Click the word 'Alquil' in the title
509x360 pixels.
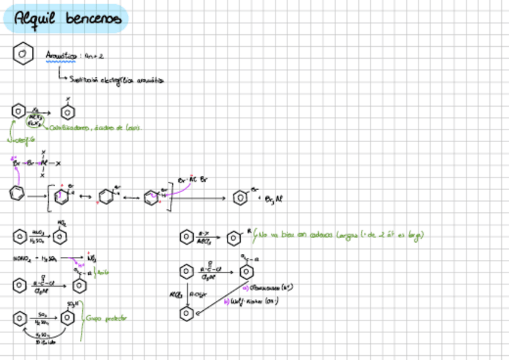tap(37, 19)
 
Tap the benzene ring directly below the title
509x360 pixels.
tap(22, 54)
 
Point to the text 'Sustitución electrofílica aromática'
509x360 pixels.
tap(116, 79)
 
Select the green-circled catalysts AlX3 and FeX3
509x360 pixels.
tap(35, 120)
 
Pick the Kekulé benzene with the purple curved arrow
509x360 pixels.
tap(17, 194)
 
